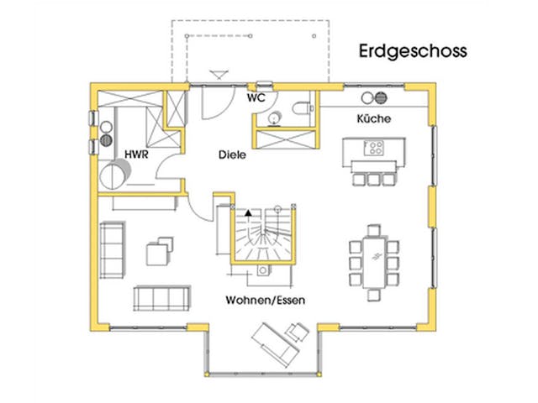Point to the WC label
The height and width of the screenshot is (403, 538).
256,98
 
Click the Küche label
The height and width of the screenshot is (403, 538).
374,119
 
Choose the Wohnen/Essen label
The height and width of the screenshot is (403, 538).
266,300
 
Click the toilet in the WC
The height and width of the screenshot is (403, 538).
303,107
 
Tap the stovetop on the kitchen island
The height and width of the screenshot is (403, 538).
374,149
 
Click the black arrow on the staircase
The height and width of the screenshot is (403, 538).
248,214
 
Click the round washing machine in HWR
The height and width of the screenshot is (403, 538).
114,174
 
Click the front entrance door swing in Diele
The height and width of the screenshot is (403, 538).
212,102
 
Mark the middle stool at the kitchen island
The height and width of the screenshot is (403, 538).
373,179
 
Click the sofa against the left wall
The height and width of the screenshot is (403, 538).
110,249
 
